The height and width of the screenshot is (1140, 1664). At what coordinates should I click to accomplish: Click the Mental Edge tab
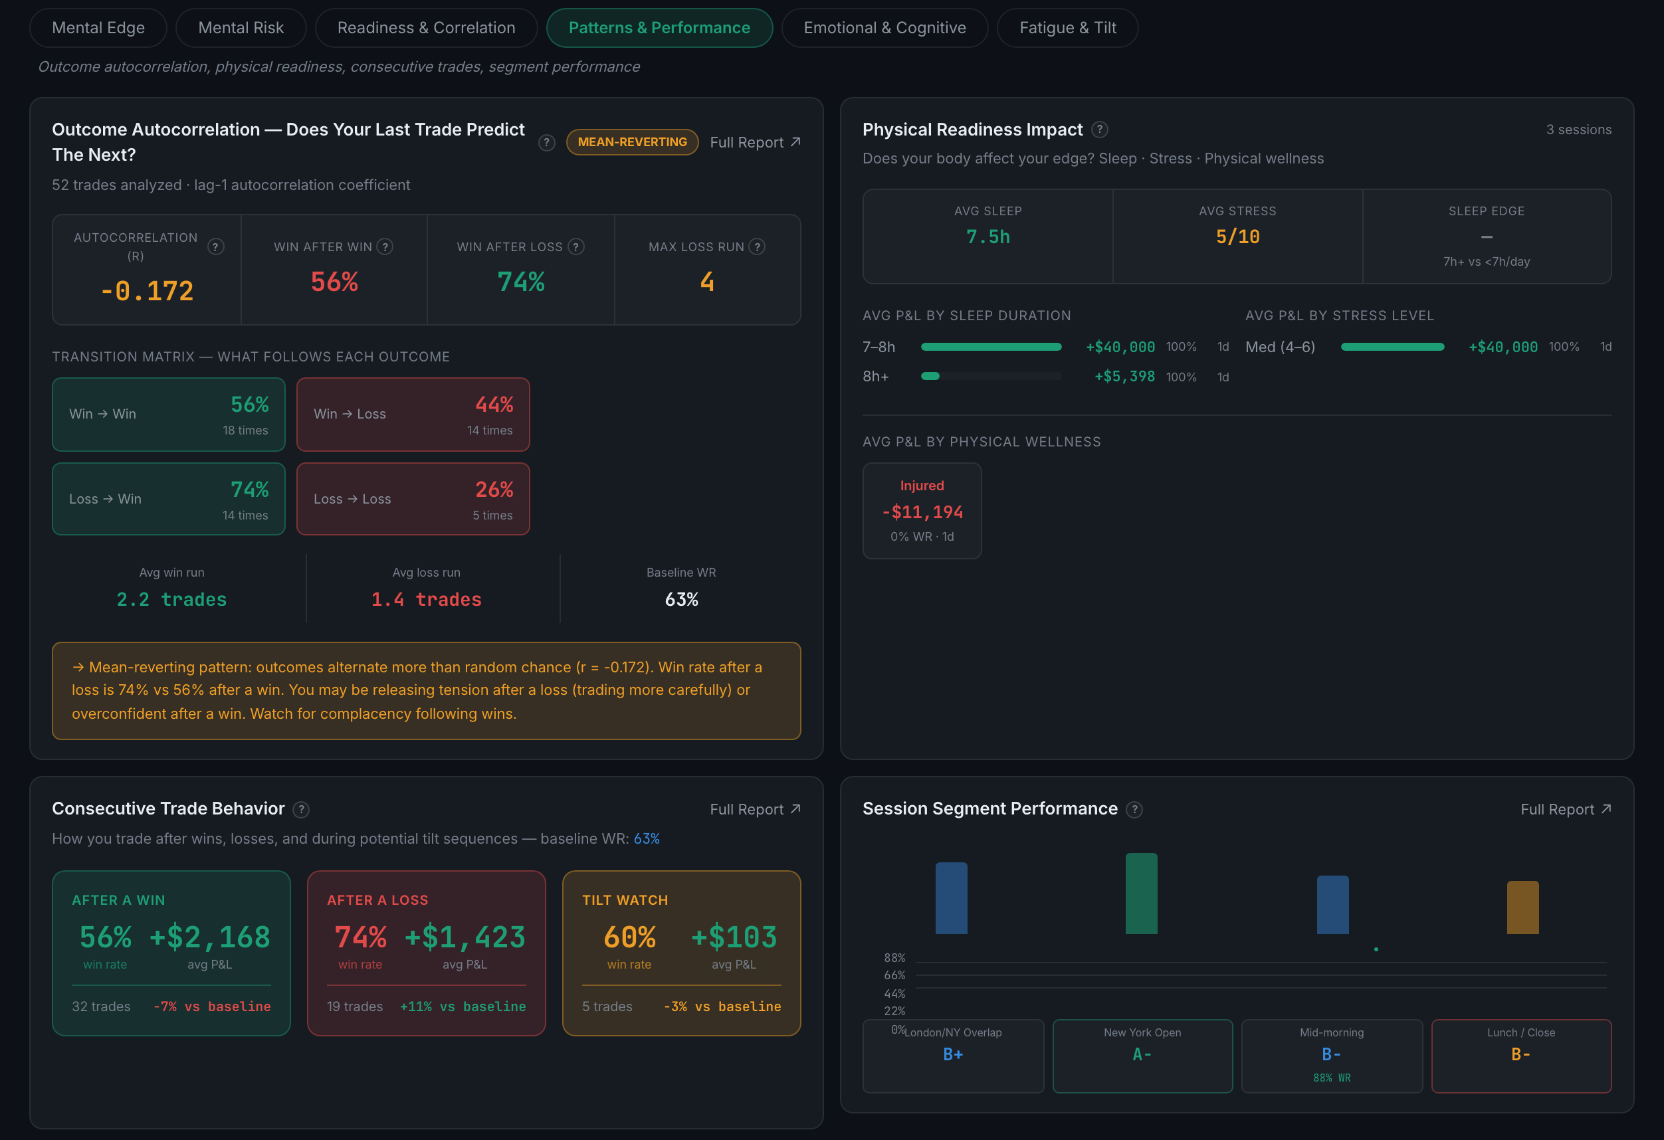[x=98, y=28]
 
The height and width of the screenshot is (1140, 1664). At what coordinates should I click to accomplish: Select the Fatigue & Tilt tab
[x=1067, y=28]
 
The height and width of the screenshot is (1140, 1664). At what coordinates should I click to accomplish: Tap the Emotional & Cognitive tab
[x=884, y=28]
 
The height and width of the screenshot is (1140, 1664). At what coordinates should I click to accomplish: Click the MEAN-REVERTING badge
[x=632, y=142]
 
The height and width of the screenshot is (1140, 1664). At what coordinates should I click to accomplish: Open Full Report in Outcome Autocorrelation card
[x=755, y=142]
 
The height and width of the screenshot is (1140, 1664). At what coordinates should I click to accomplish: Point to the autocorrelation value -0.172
[x=147, y=291]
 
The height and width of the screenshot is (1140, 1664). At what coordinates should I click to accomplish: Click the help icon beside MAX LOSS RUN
[x=757, y=247]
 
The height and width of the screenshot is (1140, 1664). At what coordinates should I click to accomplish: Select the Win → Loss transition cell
[x=413, y=415]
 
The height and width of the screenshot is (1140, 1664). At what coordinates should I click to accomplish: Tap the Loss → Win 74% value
[x=250, y=490]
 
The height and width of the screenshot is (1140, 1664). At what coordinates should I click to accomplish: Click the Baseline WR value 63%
[x=681, y=600]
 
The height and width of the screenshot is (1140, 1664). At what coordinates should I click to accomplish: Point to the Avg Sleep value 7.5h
[x=988, y=237]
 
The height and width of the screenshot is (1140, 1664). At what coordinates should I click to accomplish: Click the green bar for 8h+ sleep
[x=930, y=377]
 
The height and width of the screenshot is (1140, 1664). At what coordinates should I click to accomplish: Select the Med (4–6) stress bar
[x=1392, y=347]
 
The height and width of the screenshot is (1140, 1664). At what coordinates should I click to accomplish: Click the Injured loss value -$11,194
[x=922, y=512]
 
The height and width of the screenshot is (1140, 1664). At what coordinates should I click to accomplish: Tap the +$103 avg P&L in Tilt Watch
[x=733, y=937]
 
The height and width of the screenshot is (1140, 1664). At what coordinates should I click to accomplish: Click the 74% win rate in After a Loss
[x=360, y=937]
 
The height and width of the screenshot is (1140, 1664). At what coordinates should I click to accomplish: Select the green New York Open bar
[x=1140, y=894]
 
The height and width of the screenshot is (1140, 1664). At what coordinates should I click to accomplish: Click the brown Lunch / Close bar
[x=1522, y=907]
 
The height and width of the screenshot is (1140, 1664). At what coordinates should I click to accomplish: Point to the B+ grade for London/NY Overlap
[x=952, y=1055]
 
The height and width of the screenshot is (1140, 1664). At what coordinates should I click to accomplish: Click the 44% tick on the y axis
[x=894, y=994]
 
